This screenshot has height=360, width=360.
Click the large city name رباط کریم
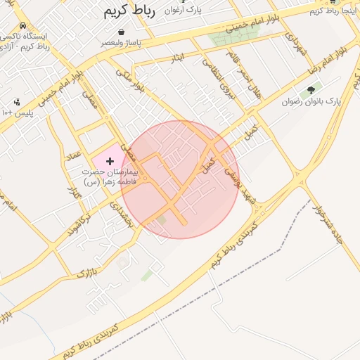pos(133,11)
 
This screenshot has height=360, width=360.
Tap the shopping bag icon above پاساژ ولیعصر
pos(122,32)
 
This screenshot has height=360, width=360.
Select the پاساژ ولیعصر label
pos(123,43)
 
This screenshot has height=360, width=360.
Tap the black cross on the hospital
pos(109,162)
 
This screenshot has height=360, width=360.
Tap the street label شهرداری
pos(299,42)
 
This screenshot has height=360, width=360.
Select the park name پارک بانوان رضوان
pos(311,102)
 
